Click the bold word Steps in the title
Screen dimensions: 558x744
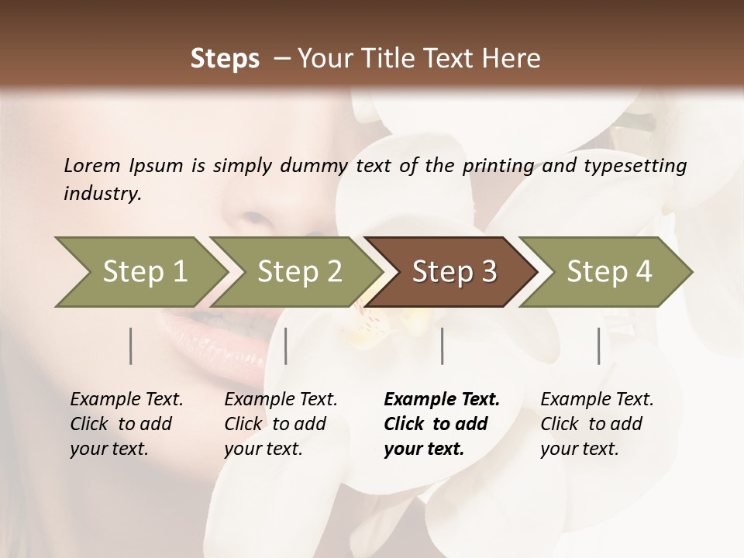tap(225, 59)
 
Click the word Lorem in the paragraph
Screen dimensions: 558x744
tap(91, 166)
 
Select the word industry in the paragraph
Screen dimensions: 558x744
tap(102, 194)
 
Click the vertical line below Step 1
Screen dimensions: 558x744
tap(131, 346)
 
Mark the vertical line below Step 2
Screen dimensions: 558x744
tap(286, 346)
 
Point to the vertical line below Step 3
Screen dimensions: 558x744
tap(443, 346)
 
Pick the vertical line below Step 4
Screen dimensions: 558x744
tap(599, 346)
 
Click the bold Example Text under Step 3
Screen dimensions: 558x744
tap(442, 400)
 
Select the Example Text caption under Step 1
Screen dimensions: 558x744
tap(126, 400)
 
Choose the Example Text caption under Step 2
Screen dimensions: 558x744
tap(281, 400)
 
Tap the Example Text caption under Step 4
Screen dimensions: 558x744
tap(597, 400)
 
